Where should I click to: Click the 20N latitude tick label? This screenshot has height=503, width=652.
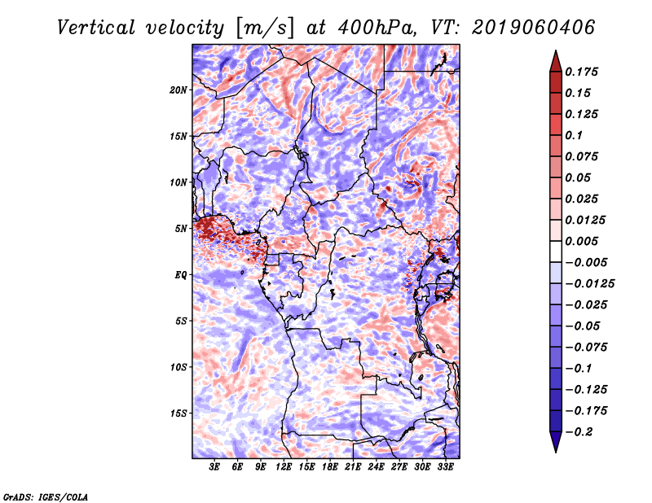(x=178, y=90)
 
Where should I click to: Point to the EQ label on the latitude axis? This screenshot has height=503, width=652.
(x=181, y=275)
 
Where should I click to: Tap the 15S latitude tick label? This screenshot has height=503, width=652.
(x=178, y=413)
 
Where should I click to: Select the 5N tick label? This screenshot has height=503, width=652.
(x=181, y=229)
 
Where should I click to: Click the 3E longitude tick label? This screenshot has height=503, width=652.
(x=214, y=467)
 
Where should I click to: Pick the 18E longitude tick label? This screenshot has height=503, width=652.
(x=330, y=467)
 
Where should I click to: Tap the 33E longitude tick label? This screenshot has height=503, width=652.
(x=445, y=467)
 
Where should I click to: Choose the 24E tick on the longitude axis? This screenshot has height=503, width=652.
(x=376, y=467)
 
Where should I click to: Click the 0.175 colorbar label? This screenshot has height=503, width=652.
(x=581, y=72)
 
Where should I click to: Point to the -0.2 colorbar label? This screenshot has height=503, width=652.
(x=579, y=432)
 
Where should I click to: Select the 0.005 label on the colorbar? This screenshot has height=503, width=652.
(x=581, y=241)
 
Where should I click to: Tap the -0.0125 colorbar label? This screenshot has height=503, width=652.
(x=589, y=284)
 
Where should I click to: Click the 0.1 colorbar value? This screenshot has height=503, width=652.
(x=574, y=135)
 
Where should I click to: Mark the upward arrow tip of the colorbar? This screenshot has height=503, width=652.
(x=556, y=50)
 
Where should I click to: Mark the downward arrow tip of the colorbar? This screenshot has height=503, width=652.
(x=556, y=453)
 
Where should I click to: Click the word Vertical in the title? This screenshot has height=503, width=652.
(x=96, y=28)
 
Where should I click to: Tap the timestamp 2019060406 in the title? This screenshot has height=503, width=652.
(x=534, y=28)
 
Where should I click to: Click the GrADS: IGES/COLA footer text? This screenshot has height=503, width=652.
(x=46, y=496)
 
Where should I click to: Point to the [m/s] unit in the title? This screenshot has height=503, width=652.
(x=266, y=28)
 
